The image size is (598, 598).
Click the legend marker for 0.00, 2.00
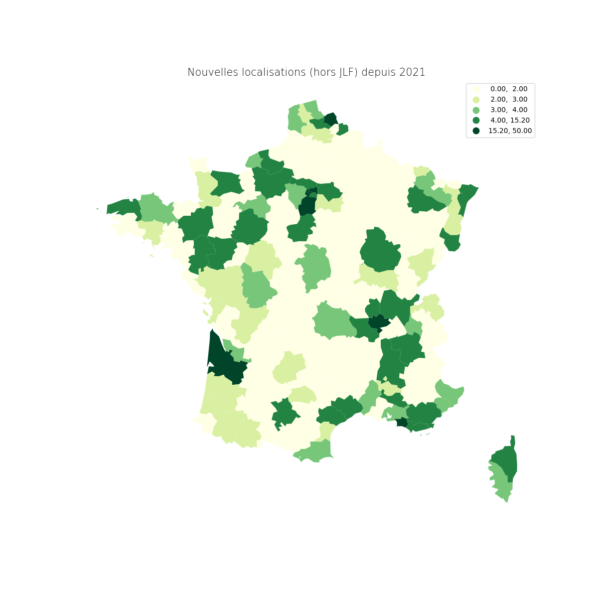476,89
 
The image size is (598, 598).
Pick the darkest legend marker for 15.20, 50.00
476,131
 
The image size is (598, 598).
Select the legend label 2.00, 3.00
509,99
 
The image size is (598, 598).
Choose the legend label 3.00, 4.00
509,110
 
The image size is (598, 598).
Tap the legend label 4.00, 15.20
510,120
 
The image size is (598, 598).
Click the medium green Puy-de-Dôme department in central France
331,321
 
